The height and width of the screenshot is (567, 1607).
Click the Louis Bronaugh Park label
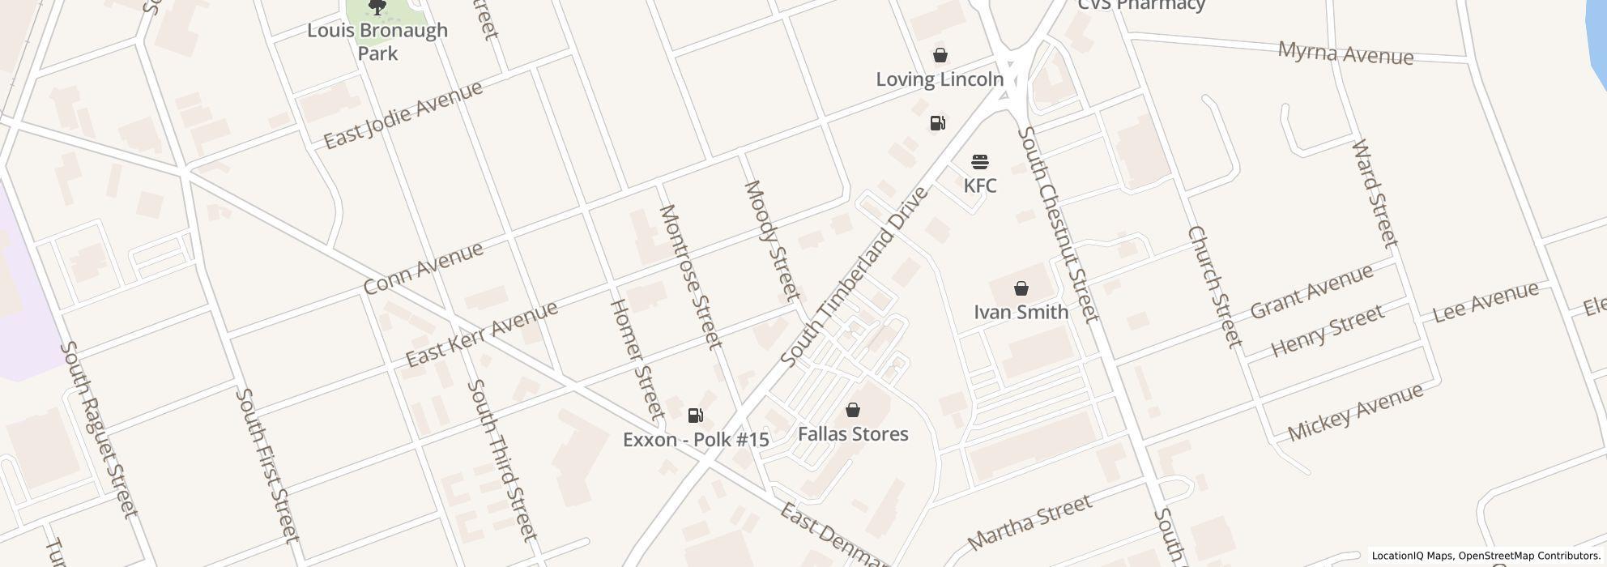(x=377, y=41)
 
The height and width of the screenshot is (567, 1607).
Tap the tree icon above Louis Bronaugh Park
(x=377, y=7)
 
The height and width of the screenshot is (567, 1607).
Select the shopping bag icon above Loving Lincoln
(x=940, y=55)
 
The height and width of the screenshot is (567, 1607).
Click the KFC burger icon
(x=980, y=162)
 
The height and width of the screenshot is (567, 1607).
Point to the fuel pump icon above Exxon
(x=695, y=416)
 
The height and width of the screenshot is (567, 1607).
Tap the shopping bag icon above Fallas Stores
(x=852, y=410)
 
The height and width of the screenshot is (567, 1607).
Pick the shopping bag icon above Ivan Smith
(x=1021, y=288)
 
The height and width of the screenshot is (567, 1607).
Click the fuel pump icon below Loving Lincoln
(x=937, y=123)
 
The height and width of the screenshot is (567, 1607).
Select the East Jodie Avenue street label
(x=403, y=114)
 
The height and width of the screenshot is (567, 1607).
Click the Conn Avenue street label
(x=423, y=267)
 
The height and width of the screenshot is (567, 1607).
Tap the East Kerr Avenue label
(x=481, y=333)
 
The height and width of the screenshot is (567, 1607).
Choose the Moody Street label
(x=772, y=240)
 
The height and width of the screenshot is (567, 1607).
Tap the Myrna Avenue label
(x=1345, y=53)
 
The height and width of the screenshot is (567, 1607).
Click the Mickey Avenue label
(x=1354, y=411)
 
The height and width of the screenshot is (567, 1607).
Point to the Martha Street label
(x=1029, y=522)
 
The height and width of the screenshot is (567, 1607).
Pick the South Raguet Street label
(x=99, y=428)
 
